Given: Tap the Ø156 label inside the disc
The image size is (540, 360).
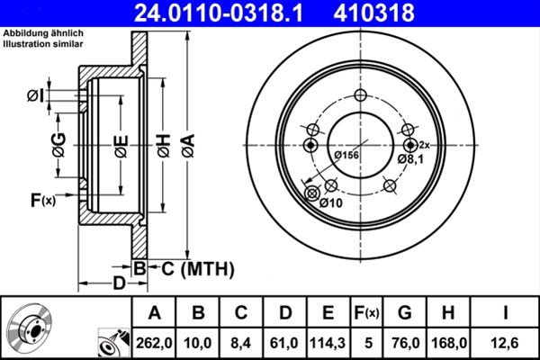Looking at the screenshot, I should (346, 156).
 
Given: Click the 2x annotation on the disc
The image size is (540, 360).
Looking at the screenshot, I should (426, 145).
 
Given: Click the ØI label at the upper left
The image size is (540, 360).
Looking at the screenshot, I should (32, 95).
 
